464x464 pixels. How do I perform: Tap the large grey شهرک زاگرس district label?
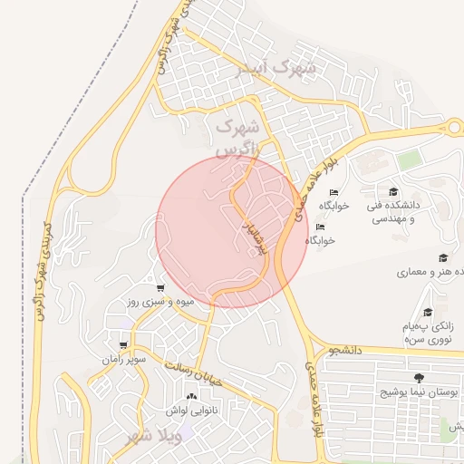pos(237,133)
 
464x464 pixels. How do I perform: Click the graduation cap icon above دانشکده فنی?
pos(393,192)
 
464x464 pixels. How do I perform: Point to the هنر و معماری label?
pos(430,272)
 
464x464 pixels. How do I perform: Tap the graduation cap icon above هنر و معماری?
pos(442,258)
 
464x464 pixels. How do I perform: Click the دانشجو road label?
pos(345,349)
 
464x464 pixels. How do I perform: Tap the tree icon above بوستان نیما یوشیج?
pos(418,377)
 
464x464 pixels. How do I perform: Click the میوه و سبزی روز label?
pos(155,301)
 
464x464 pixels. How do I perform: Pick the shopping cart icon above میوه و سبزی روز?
pos(160,287)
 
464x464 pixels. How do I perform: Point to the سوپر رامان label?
pos(123,360)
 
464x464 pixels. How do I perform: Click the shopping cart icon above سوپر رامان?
pos(123,345)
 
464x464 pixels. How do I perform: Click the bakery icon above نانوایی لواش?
pos(190,397)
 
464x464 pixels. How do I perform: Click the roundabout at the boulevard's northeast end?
pos(453,128)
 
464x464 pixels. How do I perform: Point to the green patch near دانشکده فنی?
pos(409,160)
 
